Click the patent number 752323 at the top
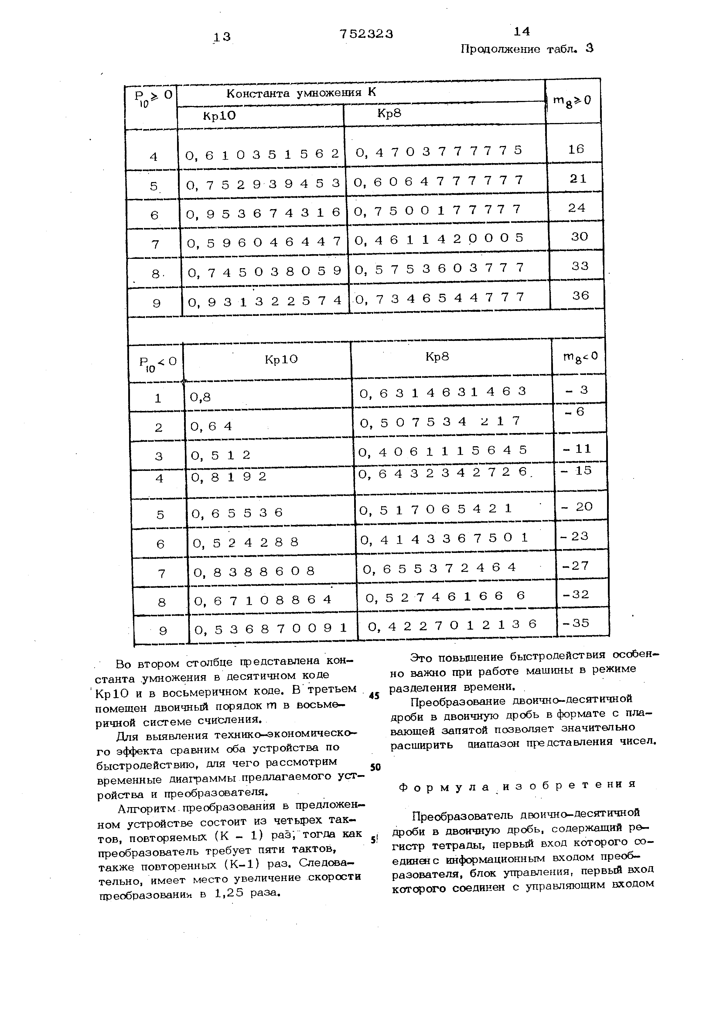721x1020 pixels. coord(366,34)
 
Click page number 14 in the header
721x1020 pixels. coord(521,31)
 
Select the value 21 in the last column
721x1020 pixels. coord(578,179)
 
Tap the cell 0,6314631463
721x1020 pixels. coord(443,391)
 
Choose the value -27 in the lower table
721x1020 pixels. coord(575,565)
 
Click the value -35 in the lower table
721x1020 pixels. coord(575,623)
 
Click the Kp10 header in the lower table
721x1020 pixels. coord(281,359)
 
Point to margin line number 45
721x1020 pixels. coord(374,696)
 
